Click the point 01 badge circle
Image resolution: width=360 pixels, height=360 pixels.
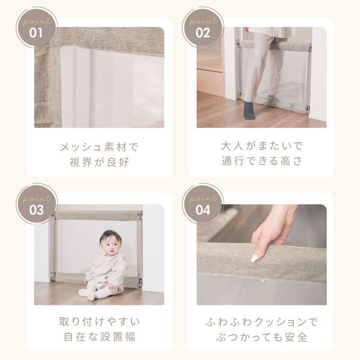pyautogui.click(x=36, y=27)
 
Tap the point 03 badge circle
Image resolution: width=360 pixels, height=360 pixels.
pyautogui.click(x=36, y=204)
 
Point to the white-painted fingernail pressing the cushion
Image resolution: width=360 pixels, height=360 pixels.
pyautogui.click(x=254, y=258)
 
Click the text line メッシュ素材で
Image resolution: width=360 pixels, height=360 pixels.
pyautogui.click(x=99, y=147)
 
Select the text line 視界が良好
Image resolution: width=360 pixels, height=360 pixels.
pyautogui.click(x=99, y=162)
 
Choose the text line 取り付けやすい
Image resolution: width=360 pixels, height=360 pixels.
pyautogui.click(x=99, y=322)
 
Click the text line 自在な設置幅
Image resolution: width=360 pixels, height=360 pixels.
pyautogui.click(x=99, y=337)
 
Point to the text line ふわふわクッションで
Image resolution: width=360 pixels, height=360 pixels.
pyautogui.click(x=262, y=322)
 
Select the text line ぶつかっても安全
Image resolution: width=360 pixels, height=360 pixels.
pyautogui.click(x=262, y=337)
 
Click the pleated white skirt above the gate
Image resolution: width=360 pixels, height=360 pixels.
pyautogui.click(x=269, y=33)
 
